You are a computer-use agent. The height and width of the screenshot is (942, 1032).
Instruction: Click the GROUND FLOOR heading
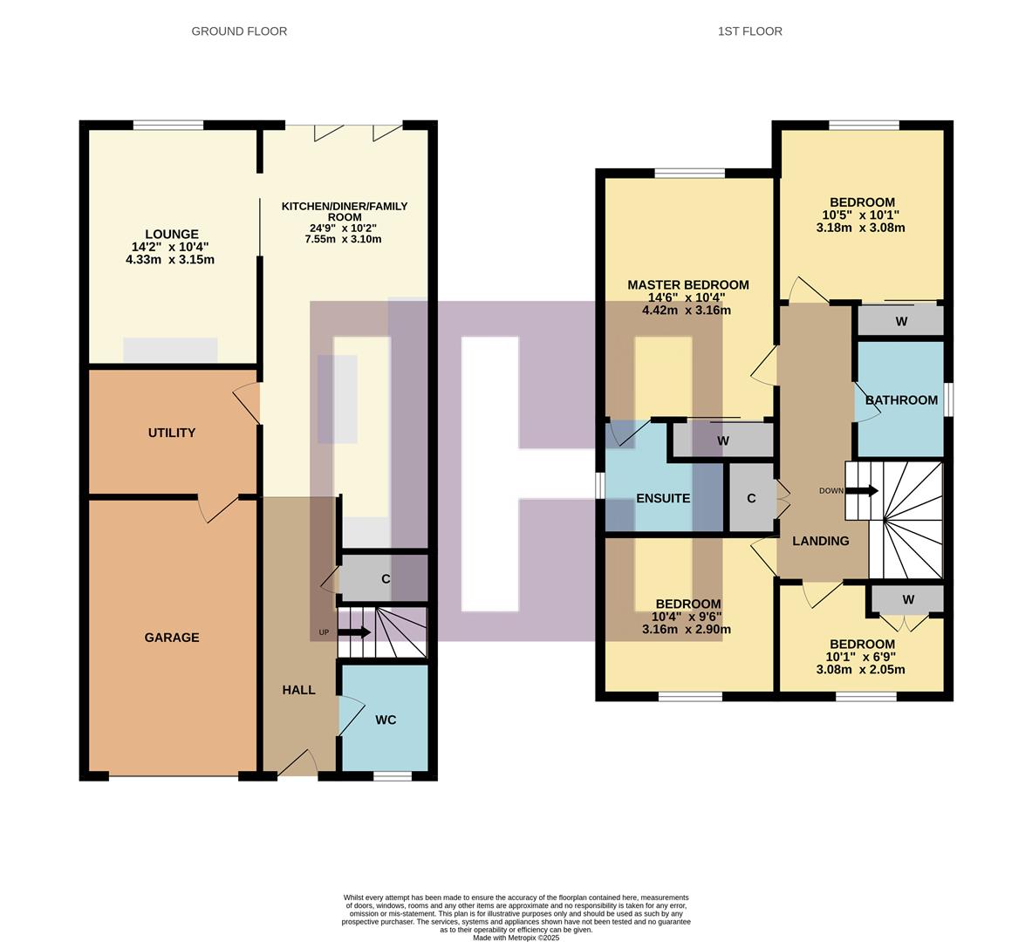(239, 31)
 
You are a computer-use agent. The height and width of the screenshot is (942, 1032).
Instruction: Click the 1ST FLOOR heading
(749, 31)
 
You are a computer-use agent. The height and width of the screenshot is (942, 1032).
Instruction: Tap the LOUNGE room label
(172, 234)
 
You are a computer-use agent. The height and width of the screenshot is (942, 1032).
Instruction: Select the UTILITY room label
(172, 433)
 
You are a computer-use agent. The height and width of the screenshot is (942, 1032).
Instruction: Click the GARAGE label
(172, 638)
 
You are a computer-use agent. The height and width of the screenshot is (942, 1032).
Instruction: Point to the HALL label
(298, 690)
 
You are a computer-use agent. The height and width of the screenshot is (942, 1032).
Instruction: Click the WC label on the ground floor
(386, 720)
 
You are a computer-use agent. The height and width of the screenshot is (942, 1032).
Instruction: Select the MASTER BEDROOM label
(687, 285)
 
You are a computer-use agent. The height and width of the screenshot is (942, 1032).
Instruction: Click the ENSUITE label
(663, 499)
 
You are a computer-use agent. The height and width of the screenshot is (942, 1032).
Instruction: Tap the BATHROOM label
(901, 400)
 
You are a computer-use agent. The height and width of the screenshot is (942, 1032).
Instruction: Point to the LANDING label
(820, 541)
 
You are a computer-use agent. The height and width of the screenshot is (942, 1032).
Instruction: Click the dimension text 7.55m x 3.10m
(344, 239)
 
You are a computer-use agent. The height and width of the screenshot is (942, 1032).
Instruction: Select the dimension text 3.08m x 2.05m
(860, 670)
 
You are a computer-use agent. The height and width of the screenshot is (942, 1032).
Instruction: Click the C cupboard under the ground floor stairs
(385, 579)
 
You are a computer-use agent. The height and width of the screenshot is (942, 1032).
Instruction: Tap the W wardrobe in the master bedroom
(722, 441)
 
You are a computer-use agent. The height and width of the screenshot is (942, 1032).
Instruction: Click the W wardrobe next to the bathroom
(901, 322)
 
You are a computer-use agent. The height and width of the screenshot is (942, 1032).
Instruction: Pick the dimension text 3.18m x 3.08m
(860, 228)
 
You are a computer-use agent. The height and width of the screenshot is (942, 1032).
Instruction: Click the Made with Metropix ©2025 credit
(516, 938)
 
